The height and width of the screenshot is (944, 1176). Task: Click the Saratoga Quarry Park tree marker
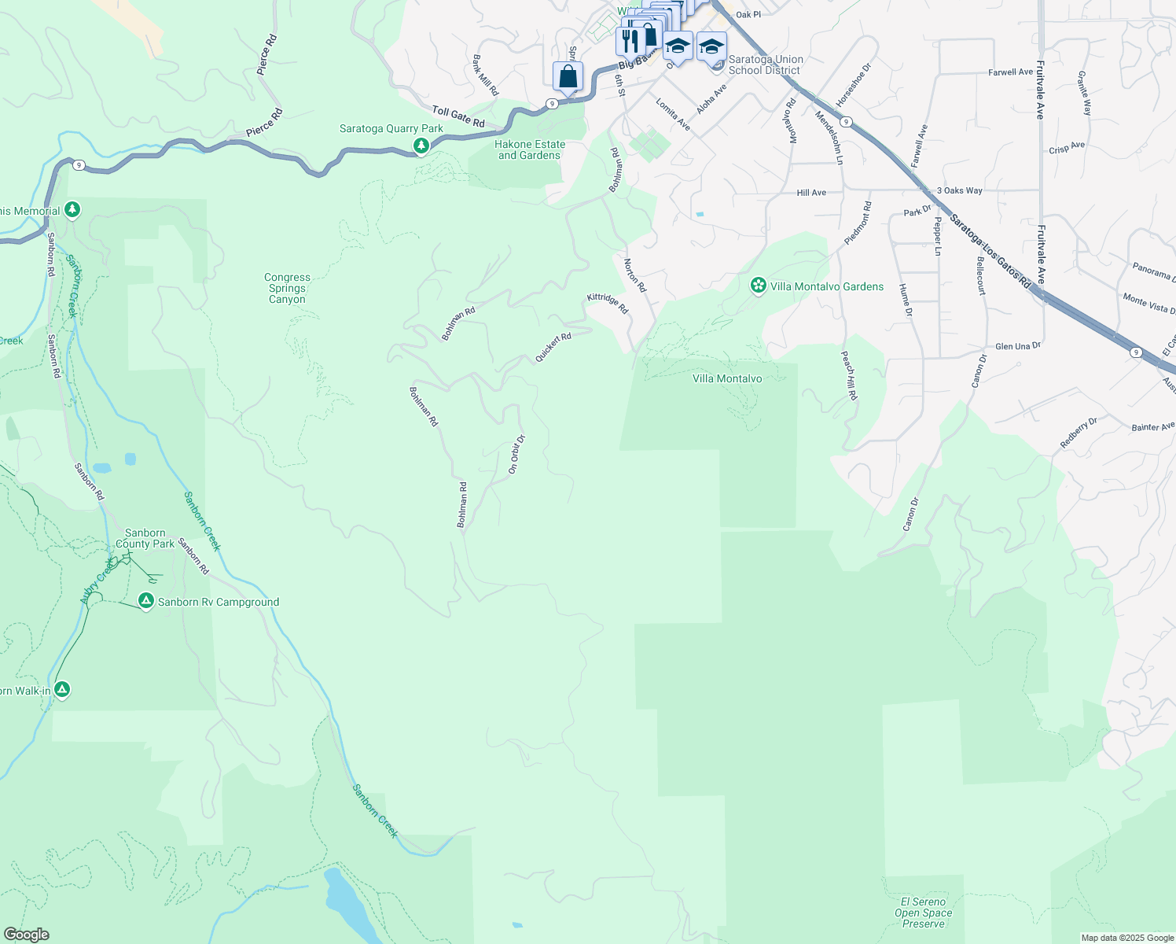[x=421, y=146]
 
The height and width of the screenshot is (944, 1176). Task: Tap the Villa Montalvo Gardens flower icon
[x=759, y=286]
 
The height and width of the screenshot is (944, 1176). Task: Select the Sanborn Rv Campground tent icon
[x=145, y=601]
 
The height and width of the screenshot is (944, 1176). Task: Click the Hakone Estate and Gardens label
[x=530, y=149]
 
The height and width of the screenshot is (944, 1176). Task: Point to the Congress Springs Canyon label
[x=287, y=288]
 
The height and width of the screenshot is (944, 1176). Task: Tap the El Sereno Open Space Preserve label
[x=924, y=913]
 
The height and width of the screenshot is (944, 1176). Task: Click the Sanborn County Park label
[x=145, y=538]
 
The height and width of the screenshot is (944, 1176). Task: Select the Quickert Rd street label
[x=553, y=347]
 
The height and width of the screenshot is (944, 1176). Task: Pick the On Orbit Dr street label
[x=516, y=454]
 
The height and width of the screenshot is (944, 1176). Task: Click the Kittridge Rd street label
[x=608, y=303]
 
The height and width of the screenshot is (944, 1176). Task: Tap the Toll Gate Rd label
[x=458, y=116]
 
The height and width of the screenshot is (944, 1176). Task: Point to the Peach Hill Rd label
[x=849, y=375]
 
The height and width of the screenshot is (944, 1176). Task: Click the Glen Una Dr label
[x=1017, y=346]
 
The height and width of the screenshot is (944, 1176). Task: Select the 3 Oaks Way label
[x=959, y=190]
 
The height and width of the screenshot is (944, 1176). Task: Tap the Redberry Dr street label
[x=1078, y=433]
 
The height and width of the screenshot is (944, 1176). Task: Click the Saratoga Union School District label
[x=766, y=65]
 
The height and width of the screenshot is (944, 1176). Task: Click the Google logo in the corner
[x=26, y=935]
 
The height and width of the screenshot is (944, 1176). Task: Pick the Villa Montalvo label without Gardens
[x=727, y=378]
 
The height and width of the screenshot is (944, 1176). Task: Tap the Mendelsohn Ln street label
[x=829, y=137]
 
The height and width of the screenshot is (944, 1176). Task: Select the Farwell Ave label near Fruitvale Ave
[x=1010, y=72]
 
